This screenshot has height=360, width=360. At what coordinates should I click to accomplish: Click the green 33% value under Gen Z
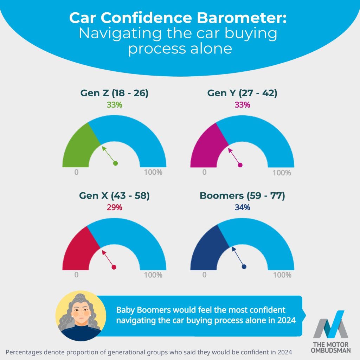coord(115,104)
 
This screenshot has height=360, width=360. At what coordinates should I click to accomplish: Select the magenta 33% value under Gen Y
coord(242,104)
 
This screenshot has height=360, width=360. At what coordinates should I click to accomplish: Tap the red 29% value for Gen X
coord(115,207)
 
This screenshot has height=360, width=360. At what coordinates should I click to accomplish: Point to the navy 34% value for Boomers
coord(242,207)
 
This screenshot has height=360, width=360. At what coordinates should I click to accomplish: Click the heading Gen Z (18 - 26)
coord(114,93)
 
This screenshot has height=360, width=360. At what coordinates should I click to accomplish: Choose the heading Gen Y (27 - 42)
coord(242,93)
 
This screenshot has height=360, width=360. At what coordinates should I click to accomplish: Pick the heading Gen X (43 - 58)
coord(114,196)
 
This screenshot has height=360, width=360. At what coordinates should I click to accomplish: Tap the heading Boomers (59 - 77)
coord(242,196)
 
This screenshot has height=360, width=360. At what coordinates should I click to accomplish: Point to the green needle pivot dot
coord(115,163)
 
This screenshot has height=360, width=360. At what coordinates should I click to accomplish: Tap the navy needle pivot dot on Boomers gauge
coord(244,266)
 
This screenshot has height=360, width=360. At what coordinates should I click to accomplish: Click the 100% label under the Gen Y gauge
coord(282,173)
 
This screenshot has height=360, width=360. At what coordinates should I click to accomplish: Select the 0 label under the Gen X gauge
coord(76,275)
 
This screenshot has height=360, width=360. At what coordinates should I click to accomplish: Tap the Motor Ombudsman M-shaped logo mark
coord(330,325)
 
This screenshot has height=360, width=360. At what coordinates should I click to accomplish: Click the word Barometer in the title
coord(243,18)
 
